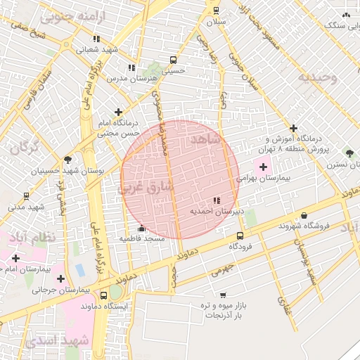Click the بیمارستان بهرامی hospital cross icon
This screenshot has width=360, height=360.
[x=264, y=167]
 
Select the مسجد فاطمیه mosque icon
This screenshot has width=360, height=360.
[x=142, y=229]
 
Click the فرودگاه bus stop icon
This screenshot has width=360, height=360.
[x=240, y=236]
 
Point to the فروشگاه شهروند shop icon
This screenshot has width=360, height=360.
[x=304, y=216]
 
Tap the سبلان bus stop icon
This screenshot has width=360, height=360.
[x=215, y=11]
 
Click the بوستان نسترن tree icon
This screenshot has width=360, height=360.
[x=349, y=153]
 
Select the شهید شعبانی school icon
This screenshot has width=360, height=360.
[x=96, y=39]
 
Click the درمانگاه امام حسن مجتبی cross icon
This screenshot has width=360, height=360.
[x=118, y=112]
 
